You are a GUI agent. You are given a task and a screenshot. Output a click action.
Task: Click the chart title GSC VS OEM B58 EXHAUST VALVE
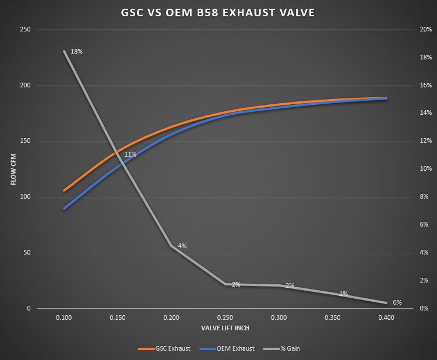pos(218,12)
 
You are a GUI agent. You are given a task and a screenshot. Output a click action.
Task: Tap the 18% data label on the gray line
pos(76,51)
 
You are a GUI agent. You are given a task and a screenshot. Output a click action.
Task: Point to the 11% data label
pos(130,154)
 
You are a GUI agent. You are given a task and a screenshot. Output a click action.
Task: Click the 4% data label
pos(182,246)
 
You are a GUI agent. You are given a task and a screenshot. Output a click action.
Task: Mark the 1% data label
pos(343,294)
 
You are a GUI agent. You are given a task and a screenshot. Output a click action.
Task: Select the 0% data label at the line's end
pos(397,302)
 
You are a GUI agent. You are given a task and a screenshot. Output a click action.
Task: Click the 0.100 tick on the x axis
pos(64,317)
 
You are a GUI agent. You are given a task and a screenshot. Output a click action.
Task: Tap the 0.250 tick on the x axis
pos(225,317)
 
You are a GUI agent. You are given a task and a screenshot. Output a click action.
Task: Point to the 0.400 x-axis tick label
pos(386,317)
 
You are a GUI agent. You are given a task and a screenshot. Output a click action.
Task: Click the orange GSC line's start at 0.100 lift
pos(65,190)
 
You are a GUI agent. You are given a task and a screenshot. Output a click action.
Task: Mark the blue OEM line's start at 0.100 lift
pos(65,208)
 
